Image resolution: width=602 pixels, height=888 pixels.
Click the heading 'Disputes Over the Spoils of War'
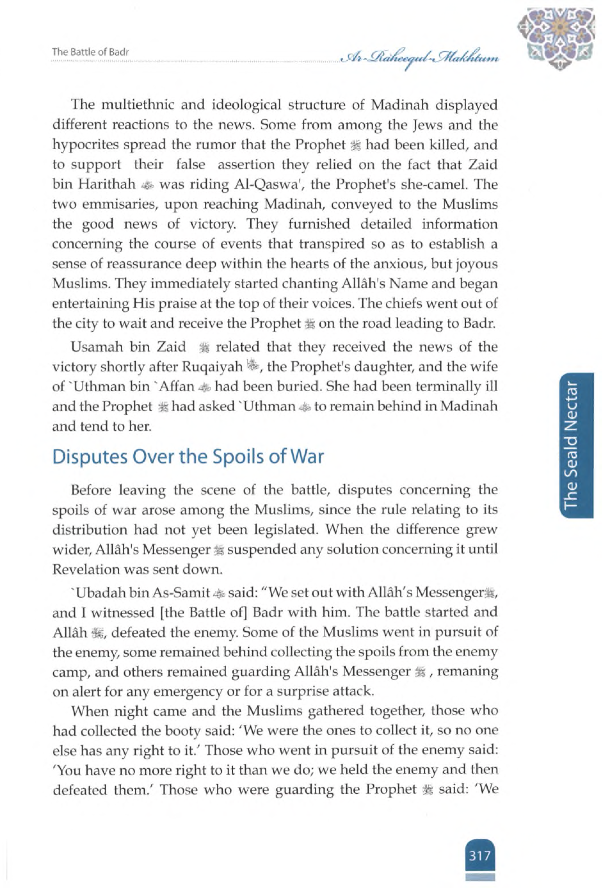tap(188, 457)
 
